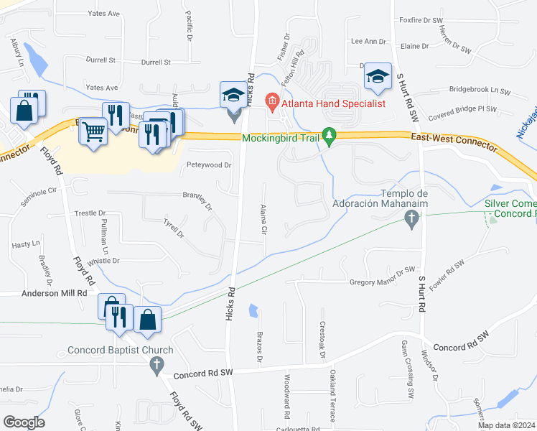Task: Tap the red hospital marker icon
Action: (x=271, y=103)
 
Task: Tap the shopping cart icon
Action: (x=93, y=132)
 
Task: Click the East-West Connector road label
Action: (x=454, y=142)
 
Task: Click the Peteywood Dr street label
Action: (x=209, y=165)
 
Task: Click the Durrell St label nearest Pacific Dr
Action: (x=156, y=62)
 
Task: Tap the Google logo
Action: (x=23, y=422)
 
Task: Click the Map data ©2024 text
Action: (x=506, y=425)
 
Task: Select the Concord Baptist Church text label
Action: (x=121, y=351)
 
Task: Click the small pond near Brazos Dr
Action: (x=253, y=311)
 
